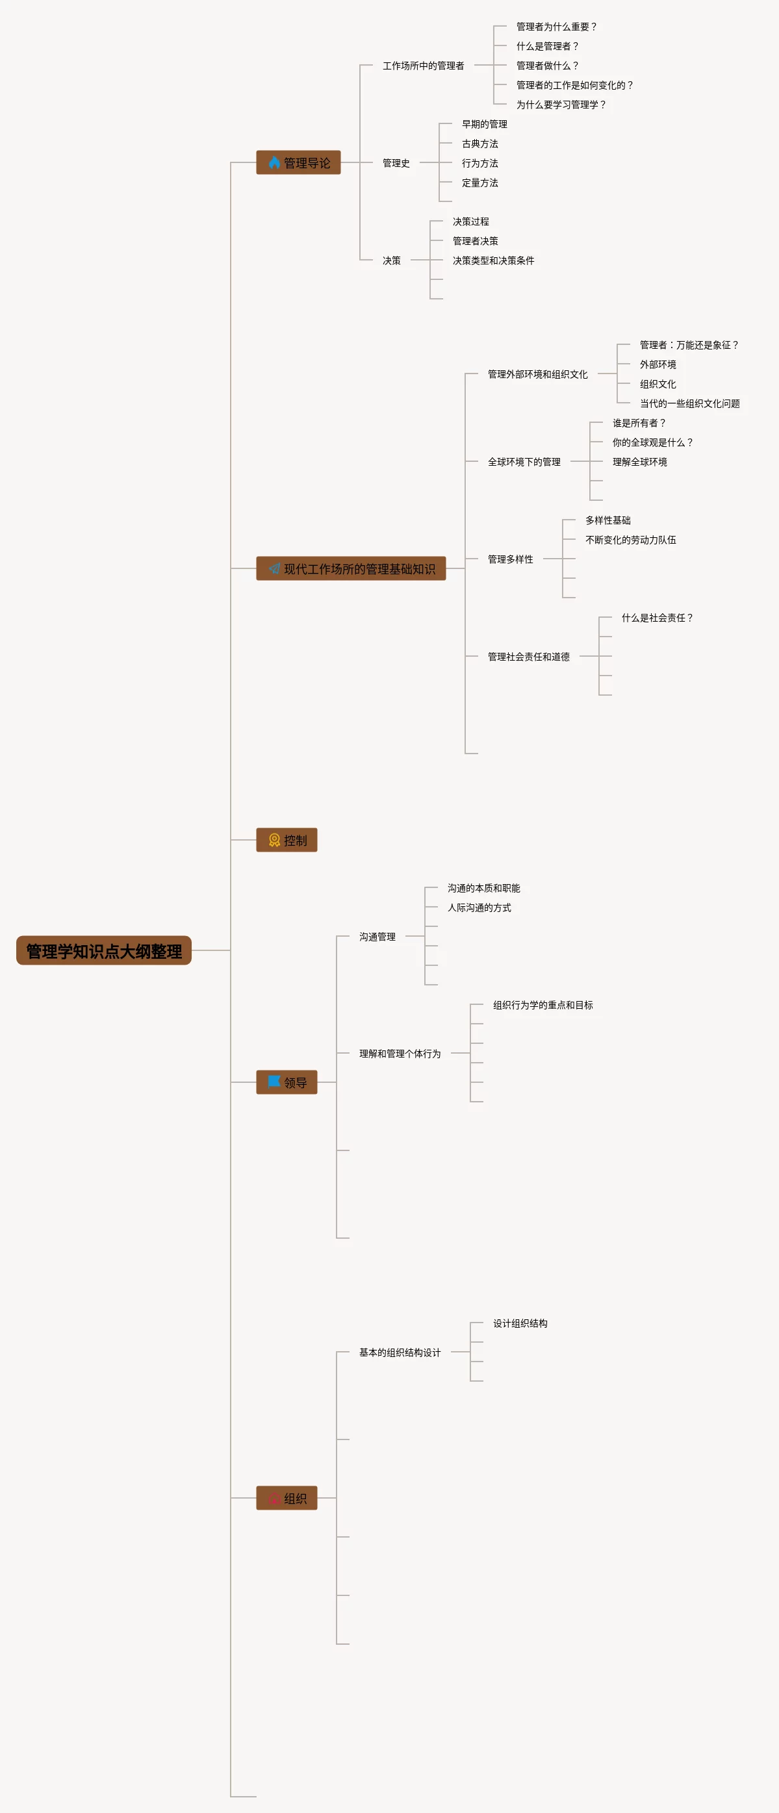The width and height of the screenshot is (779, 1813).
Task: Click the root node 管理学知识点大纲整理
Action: click(x=103, y=951)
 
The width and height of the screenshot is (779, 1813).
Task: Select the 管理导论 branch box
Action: click(x=298, y=162)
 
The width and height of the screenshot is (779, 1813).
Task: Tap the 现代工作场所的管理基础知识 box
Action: click(x=350, y=568)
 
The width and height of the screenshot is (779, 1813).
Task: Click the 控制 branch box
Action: click(x=287, y=841)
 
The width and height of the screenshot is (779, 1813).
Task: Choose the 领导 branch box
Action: click(x=287, y=1082)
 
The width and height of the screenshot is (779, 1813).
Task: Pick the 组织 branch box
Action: click(x=287, y=1499)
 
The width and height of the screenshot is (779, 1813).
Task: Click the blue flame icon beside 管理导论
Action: click(x=274, y=162)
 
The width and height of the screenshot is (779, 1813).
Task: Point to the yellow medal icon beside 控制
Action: click(x=274, y=841)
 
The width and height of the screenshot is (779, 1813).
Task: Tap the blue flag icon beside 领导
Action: click(x=274, y=1082)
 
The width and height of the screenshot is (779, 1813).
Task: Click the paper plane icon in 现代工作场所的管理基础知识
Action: click(x=274, y=568)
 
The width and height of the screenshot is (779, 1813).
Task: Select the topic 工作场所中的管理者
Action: click(x=423, y=66)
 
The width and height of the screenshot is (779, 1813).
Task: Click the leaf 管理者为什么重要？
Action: click(x=556, y=27)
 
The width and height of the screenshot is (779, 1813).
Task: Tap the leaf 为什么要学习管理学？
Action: click(x=561, y=105)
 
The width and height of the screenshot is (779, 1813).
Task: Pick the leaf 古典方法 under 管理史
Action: click(x=480, y=144)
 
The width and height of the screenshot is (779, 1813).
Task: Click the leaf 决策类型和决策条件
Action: click(x=493, y=260)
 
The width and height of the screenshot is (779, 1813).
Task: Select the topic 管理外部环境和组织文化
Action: click(x=537, y=374)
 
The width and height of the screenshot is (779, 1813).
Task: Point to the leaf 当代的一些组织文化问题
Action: click(x=689, y=403)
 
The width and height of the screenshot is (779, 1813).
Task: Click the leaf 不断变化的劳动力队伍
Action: click(x=630, y=540)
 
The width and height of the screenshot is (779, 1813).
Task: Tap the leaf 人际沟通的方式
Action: click(x=479, y=908)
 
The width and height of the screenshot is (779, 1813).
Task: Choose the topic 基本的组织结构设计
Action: click(x=400, y=1352)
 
